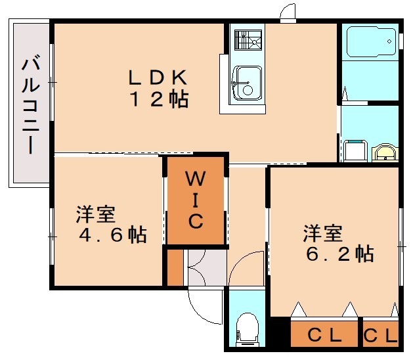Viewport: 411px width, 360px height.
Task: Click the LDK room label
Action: click(x=158, y=77)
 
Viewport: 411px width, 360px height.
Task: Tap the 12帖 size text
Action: click(x=160, y=99)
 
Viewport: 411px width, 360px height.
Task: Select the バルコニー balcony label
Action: click(x=31, y=104)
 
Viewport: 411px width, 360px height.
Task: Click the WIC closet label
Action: click(x=196, y=199)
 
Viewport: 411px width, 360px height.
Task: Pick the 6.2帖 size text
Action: click(x=340, y=254)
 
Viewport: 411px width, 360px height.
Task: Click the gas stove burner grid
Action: click(x=248, y=40)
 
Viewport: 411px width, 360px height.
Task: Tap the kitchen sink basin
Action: click(x=247, y=83)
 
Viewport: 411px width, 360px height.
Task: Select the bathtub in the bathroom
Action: click(x=371, y=41)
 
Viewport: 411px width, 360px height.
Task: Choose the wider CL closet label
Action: click(x=324, y=335)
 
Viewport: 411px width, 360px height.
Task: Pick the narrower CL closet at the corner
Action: click(x=381, y=332)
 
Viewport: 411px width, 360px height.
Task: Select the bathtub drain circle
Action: click(x=389, y=41)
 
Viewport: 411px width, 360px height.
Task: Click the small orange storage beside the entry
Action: click(x=175, y=267)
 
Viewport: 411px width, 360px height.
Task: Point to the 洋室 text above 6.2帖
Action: click(x=323, y=233)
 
